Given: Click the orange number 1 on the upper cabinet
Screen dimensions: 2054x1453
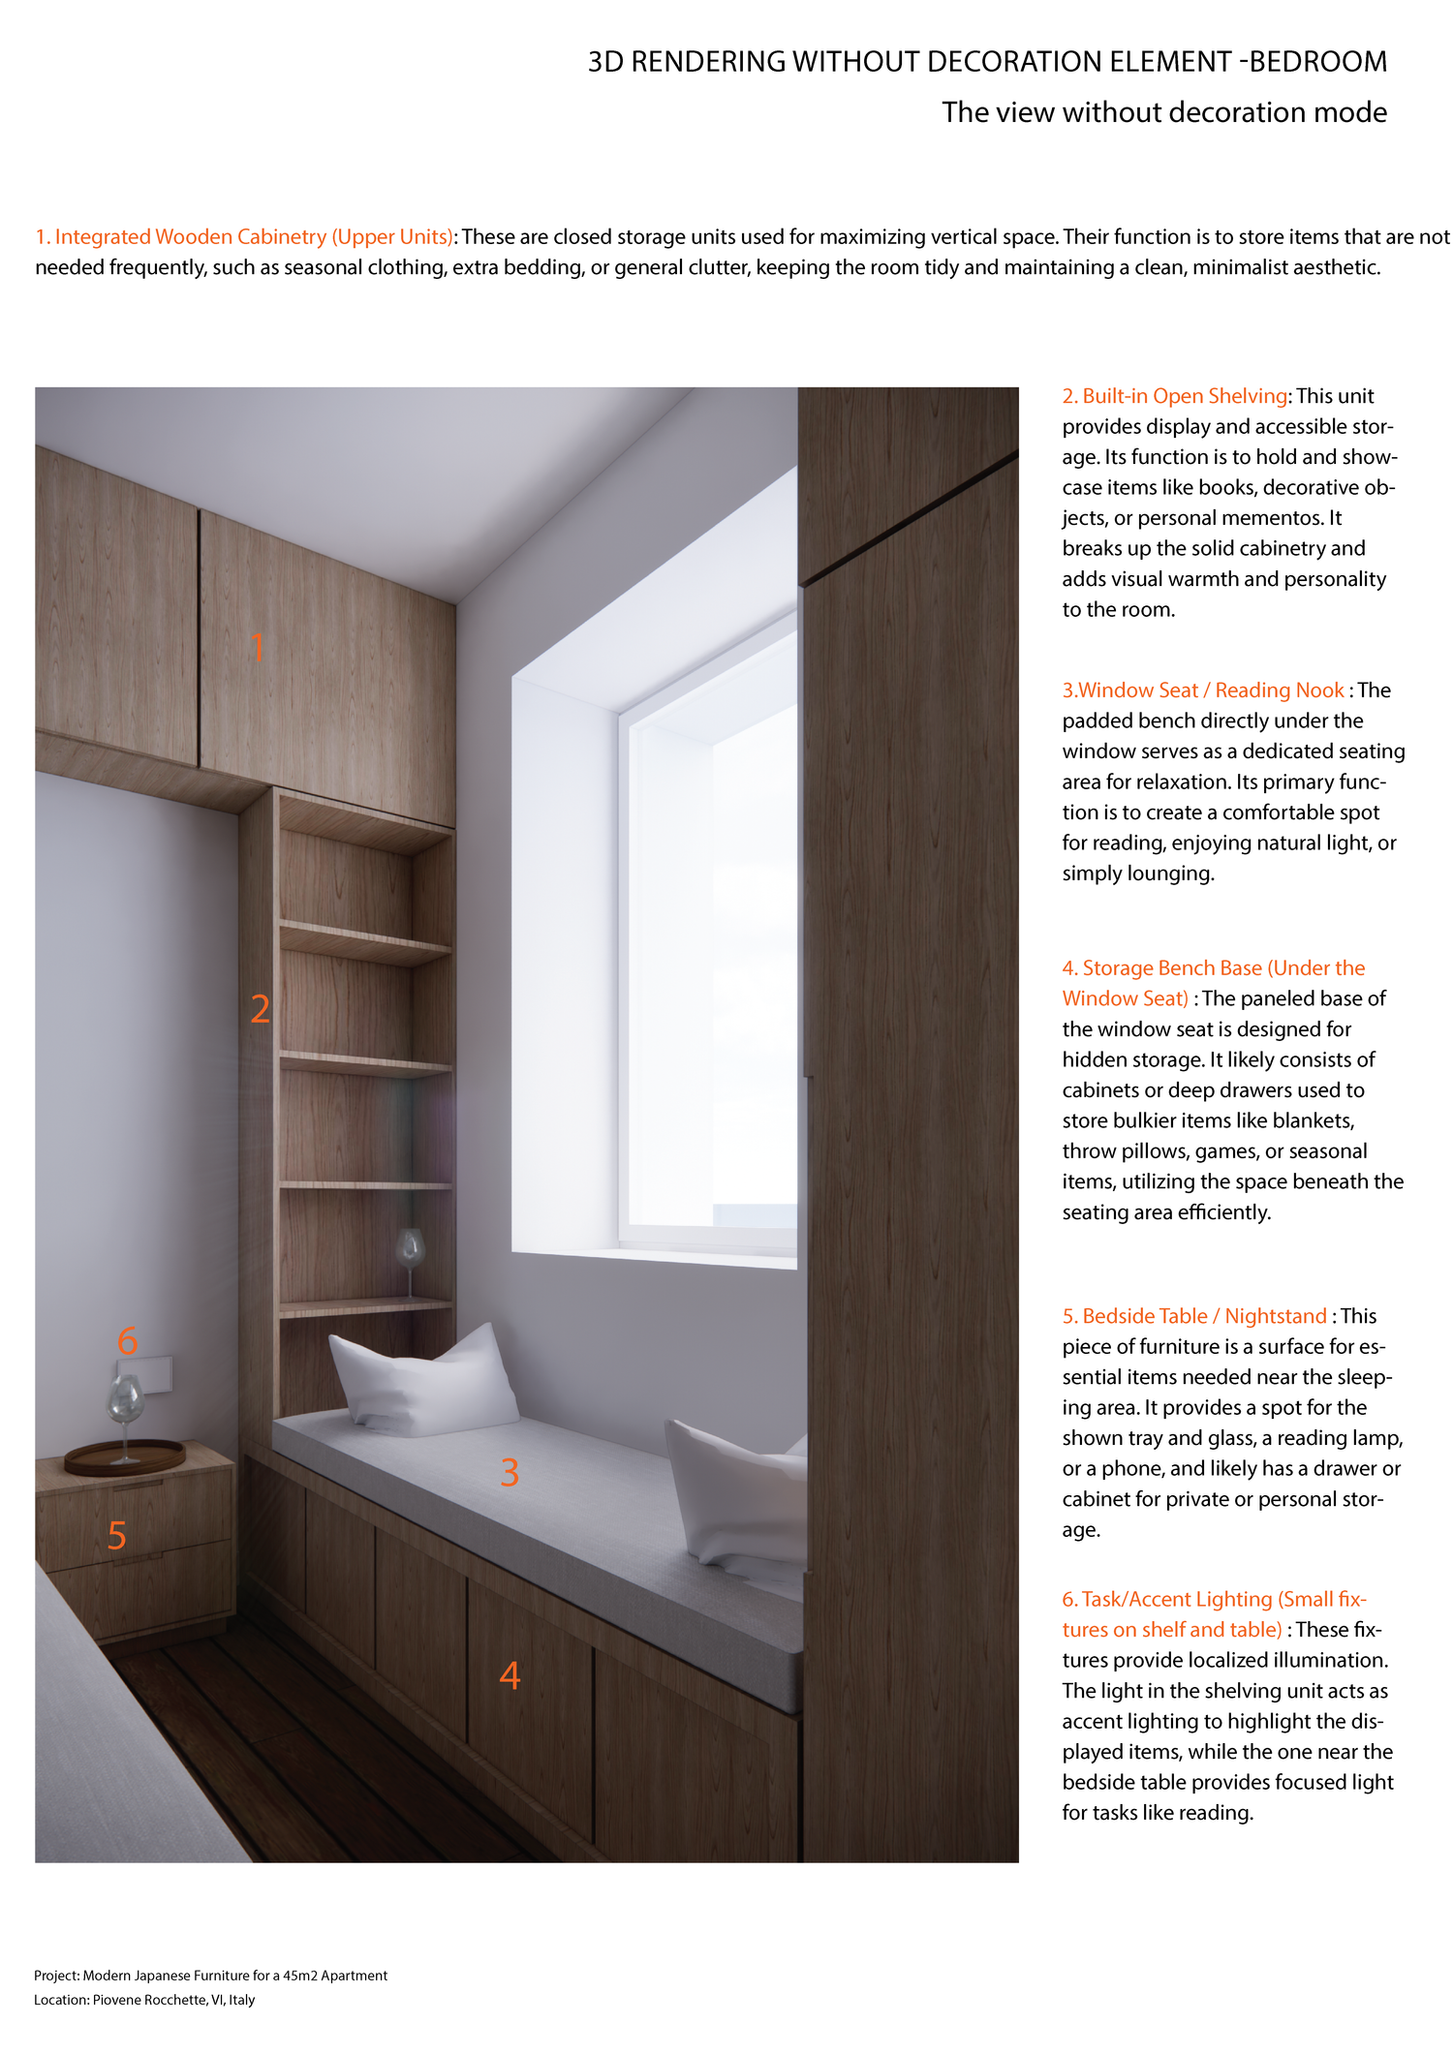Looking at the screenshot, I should point(257,647).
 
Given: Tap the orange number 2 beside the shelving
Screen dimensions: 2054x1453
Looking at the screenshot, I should point(260,1009).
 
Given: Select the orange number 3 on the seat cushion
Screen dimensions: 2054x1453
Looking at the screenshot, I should point(510,1472).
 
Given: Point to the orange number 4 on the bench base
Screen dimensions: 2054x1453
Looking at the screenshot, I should point(510,1675).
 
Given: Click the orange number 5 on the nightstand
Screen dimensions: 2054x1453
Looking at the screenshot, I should point(117,1535).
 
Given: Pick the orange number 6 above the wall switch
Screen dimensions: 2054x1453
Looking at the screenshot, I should point(127,1340).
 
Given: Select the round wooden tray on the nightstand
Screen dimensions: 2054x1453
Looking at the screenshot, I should point(125,1457).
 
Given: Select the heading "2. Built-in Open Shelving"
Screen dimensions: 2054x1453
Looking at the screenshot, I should point(1174,396).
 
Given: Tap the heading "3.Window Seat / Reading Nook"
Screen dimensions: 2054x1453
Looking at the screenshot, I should point(1202,690).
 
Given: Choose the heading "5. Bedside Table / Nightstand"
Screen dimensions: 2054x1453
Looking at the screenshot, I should point(1194,1316).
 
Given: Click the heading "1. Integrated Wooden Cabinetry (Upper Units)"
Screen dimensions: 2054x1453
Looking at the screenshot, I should point(244,237).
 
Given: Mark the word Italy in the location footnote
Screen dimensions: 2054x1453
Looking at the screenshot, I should point(241,2000).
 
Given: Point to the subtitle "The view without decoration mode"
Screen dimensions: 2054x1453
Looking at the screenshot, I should point(1163,112).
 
